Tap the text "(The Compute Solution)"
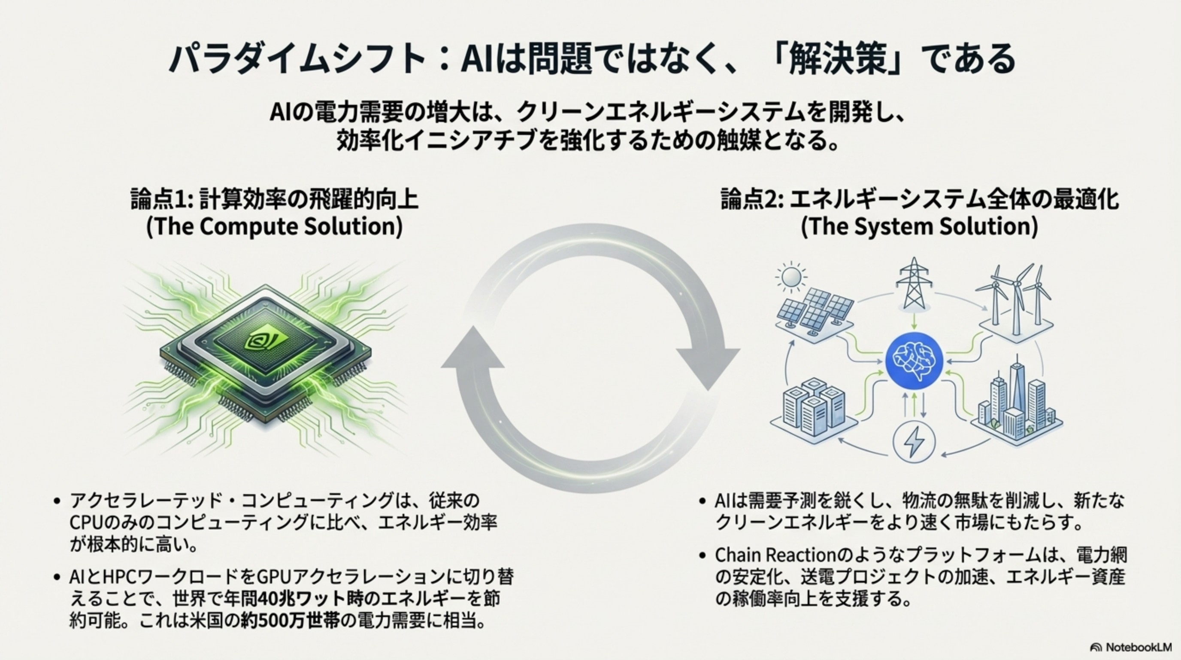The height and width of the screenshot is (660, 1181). pos(274,227)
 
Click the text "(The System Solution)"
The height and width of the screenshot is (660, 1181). pos(919,227)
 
